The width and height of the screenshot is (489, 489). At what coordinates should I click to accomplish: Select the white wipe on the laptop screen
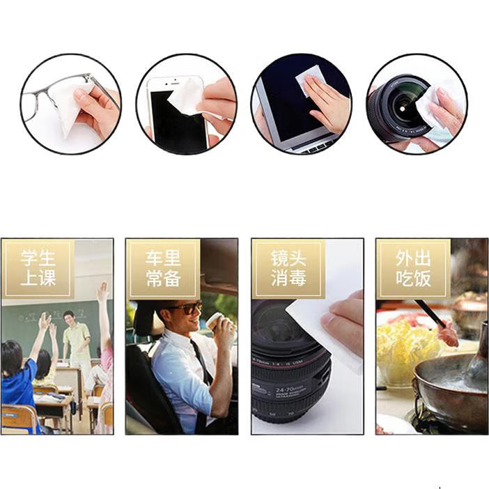pyautogui.click(x=309, y=81)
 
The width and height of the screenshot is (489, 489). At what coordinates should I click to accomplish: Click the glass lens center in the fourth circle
pyautogui.click(x=403, y=109)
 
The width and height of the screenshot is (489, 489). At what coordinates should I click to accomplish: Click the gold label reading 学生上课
pyautogui.click(x=38, y=268)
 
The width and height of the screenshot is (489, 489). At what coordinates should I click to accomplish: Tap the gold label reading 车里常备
pyautogui.click(x=163, y=268)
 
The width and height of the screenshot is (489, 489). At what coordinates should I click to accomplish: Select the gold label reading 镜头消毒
pyautogui.click(x=288, y=268)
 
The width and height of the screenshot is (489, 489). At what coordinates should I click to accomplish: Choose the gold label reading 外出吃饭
pyautogui.click(x=413, y=268)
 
